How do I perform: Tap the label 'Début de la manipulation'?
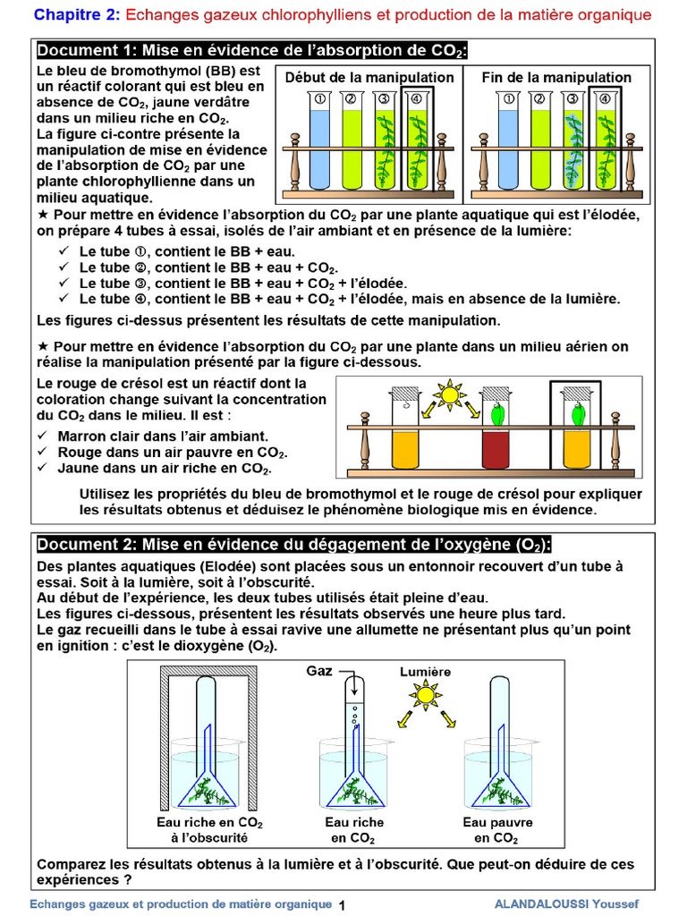[369, 78]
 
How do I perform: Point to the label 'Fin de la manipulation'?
[556, 78]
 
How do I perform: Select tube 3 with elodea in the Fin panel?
[572, 143]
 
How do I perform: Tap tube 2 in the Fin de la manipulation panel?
[540, 143]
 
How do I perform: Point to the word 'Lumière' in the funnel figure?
[425, 671]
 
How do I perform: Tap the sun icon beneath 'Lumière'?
[426, 694]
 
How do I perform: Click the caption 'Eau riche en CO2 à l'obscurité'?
[209, 830]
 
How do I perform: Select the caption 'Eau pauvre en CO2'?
[497, 830]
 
